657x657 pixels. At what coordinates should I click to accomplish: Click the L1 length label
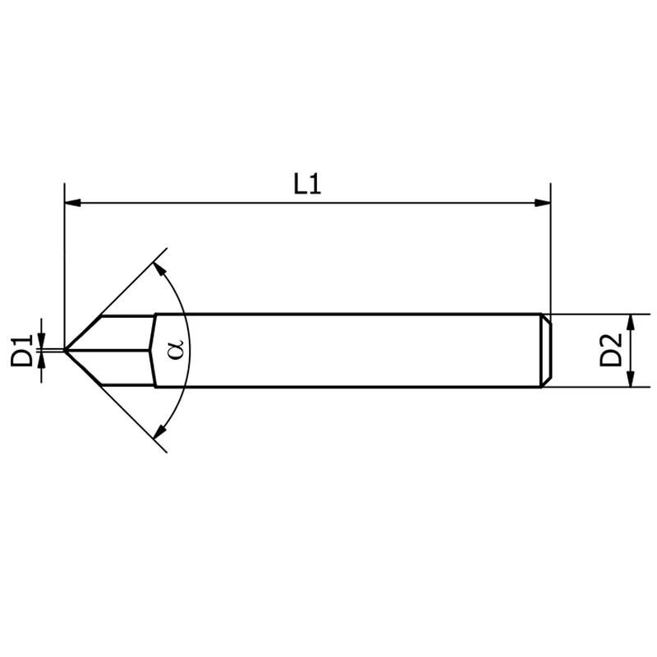tap(307, 184)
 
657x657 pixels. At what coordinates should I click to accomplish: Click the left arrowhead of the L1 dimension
tap(71, 202)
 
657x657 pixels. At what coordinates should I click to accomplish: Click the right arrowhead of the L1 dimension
tap(543, 202)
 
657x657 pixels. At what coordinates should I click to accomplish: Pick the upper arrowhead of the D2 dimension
tap(630, 319)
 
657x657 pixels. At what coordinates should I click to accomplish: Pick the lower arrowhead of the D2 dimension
tap(630, 381)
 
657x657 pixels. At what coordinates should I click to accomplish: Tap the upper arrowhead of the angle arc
tap(159, 269)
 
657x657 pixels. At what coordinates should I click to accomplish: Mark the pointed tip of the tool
tap(66, 350)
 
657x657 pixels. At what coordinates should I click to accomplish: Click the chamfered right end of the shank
tap(545, 351)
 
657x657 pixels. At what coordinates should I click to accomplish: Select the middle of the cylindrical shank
tap(345, 351)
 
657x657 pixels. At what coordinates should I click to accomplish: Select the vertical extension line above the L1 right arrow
tap(549, 246)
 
